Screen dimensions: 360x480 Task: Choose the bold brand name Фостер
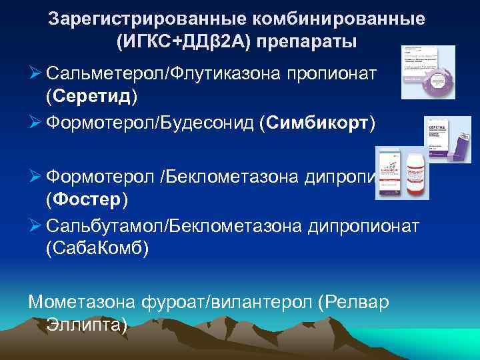coord(91,199)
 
